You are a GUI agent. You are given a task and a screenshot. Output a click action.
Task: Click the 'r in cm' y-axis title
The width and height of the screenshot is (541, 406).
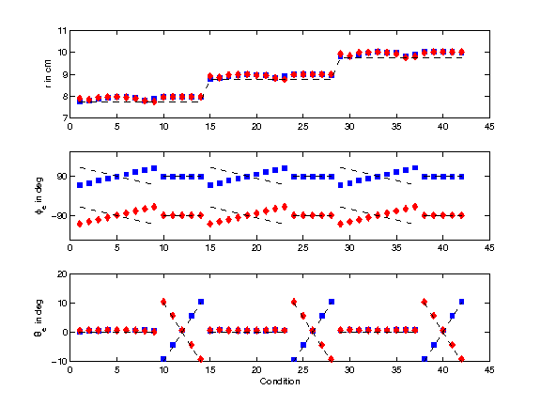(x=49, y=74)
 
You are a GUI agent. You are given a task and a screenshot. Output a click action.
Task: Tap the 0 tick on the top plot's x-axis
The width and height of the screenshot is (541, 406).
(x=70, y=128)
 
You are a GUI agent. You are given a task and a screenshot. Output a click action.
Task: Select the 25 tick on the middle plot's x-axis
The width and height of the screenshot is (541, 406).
(x=302, y=249)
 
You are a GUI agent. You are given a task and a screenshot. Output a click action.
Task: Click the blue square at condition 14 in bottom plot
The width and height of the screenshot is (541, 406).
(x=201, y=302)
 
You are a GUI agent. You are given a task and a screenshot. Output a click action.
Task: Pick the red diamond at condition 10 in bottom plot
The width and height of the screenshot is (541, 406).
(x=163, y=302)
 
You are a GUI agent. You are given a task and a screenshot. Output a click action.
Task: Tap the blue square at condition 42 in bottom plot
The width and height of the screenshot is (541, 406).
(x=461, y=302)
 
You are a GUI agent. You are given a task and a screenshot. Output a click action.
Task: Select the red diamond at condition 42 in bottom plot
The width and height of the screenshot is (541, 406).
(x=461, y=359)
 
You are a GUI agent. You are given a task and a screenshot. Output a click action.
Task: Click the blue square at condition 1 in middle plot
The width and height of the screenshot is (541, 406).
(x=80, y=185)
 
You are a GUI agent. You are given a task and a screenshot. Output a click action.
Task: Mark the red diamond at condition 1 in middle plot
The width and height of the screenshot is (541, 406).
(x=80, y=223)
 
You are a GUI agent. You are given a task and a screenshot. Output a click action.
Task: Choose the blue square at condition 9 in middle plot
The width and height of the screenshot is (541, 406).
(x=154, y=168)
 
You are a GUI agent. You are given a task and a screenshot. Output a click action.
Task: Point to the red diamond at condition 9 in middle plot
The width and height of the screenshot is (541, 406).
(x=154, y=206)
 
